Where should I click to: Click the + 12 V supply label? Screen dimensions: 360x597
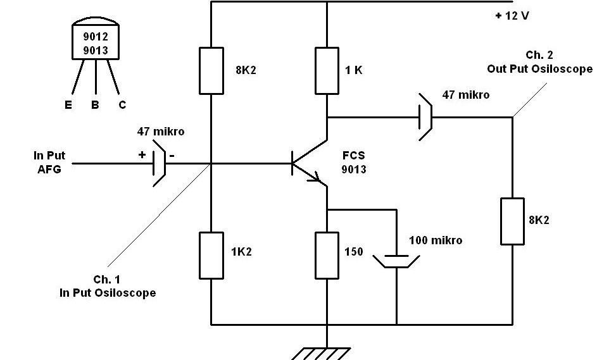[512, 15]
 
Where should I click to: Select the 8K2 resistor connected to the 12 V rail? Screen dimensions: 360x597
[211, 70]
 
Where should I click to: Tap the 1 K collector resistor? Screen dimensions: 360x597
[327, 70]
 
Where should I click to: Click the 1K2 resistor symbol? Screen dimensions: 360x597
[211, 255]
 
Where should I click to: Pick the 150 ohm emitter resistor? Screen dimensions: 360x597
[327, 255]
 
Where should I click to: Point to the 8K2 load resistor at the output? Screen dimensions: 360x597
[512, 221]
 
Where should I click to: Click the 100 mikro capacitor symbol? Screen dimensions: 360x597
[396, 261]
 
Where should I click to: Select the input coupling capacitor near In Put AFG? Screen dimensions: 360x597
[159, 164]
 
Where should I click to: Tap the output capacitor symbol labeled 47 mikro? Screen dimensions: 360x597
[424, 117]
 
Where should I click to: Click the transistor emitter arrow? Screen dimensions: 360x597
[314, 179]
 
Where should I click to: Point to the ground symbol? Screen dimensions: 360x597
[327, 351]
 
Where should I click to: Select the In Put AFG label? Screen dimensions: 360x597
[49, 162]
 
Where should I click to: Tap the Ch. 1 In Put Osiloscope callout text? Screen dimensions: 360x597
[107, 287]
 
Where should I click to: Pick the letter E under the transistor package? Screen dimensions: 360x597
[68, 105]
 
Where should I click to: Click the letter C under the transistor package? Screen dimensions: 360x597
[122, 105]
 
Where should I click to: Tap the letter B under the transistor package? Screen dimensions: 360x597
[95, 105]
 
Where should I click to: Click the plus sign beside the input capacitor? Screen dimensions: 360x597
[142, 154]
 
